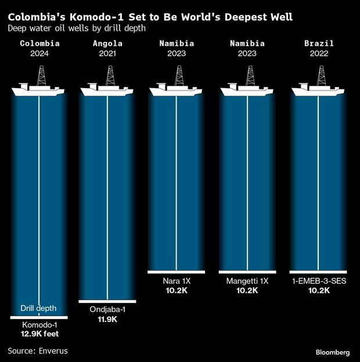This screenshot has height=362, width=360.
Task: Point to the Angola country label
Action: (107, 44)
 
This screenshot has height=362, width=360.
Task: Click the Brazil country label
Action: (318, 44)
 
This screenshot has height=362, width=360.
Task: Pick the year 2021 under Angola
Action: (107, 54)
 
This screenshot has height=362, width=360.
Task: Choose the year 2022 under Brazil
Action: (318, 54)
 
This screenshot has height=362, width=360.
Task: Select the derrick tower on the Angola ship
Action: (110, 75)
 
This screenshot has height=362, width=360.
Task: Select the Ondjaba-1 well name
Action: (107, 310)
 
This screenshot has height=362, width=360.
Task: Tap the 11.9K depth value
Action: (107, 319)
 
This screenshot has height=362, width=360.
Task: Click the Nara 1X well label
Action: (178, 281)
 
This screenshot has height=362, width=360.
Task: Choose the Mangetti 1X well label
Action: (247, 281)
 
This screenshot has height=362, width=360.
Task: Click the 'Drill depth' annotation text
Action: (39, 308)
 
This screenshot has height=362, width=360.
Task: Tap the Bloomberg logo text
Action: (333, 352)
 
